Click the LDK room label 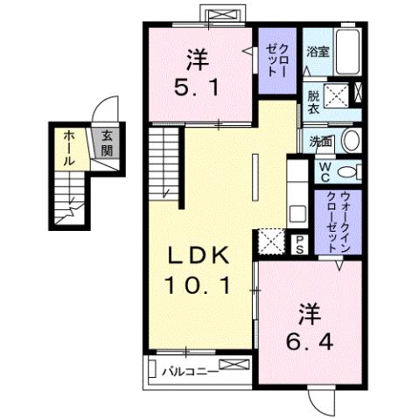click(198, 255)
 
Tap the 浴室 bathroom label click(316, 52)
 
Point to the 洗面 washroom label click(317, 140)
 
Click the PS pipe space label click(300, 245)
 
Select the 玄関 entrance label click(107, 144)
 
